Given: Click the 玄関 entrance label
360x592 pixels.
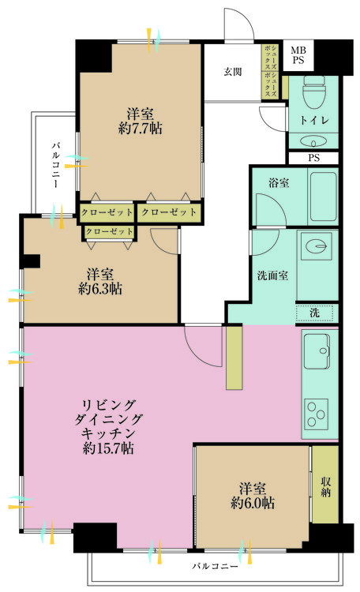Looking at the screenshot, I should (x=232, y=72).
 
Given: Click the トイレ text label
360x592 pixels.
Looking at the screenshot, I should (x=314, y=120).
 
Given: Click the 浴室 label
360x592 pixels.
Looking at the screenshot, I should (x=277, y=182).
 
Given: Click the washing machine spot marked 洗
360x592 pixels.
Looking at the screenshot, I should (x=315, y=313).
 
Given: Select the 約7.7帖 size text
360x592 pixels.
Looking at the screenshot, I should (x=140, y=129).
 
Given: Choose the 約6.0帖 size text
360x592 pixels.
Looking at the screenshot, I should (x=253, y=502).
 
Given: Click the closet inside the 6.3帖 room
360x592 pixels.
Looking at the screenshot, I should (x=108, y=231).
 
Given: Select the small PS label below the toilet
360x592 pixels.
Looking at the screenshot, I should (x=314, y=158).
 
